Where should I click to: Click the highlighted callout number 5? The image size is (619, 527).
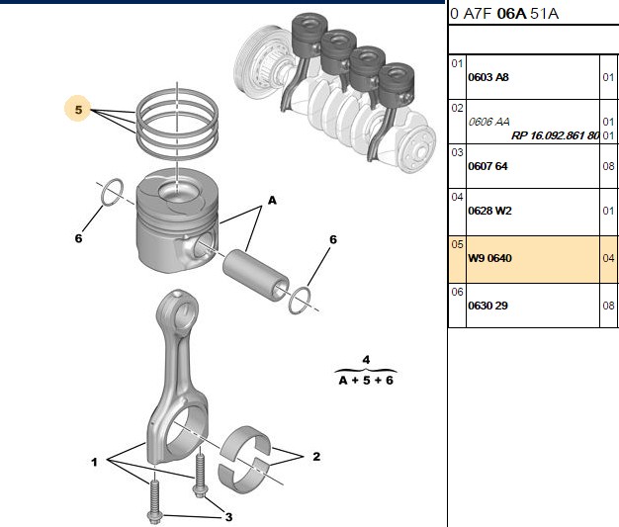(78, 110)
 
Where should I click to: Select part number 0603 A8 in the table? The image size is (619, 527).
(488, 77)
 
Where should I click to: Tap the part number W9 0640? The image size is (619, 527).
(489, 258)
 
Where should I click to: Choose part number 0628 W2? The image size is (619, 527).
(489, 211)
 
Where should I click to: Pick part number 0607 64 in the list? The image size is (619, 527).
(487, 166)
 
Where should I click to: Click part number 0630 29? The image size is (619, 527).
(487, 306)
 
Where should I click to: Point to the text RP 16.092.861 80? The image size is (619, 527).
(555, 135)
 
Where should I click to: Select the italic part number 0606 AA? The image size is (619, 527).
(488, 122)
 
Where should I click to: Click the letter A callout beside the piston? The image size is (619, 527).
(272, 201)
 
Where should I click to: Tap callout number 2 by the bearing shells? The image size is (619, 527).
(316, 457)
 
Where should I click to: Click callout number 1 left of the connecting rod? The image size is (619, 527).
(94, 462)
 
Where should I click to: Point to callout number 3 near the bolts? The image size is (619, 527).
(228, 517)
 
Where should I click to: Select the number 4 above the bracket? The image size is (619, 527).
(366, 360)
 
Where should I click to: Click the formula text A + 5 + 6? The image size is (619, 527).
(366, 380)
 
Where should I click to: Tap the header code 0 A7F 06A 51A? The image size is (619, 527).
(504, 14)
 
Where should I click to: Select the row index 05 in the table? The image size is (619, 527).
(457, 244)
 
